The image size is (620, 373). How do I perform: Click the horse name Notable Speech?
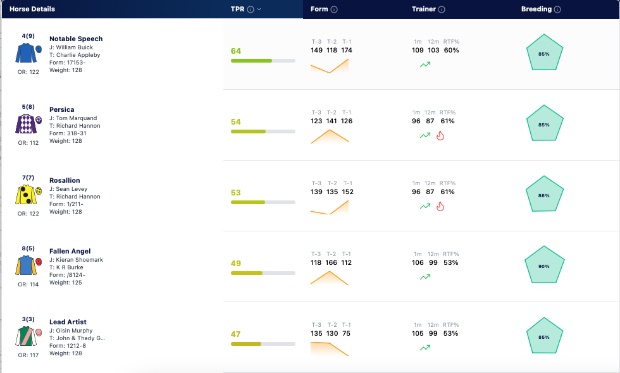click(76, 39)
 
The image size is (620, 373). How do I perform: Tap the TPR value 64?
click(235, 51)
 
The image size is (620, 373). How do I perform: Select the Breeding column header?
click(536, 9)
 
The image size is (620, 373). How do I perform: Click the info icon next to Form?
click(334, 9)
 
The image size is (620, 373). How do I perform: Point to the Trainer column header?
click(423, 9)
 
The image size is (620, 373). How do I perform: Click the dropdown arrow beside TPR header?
click(259, 9)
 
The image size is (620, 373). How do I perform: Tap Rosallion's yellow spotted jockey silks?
click(28, 195)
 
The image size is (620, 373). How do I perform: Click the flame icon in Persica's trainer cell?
click(440, 136)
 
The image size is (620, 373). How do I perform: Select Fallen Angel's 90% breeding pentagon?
click(544, 265)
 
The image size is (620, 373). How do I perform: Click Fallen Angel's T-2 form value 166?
click(332, 263)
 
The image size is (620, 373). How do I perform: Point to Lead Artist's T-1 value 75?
click(347, 334)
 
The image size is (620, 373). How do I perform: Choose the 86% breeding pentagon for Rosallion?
click(544, 194)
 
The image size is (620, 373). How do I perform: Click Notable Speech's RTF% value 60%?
click(451, 50)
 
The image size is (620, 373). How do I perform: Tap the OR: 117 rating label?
click(28, 355)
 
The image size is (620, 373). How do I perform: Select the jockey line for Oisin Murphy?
click(71, 331)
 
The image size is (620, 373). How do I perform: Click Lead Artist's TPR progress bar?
click(263, 344)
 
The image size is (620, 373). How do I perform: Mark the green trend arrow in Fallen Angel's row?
click(425, 277)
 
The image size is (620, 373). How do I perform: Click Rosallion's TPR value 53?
click(235, 192)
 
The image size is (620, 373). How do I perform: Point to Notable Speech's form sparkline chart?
click(330, 66)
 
